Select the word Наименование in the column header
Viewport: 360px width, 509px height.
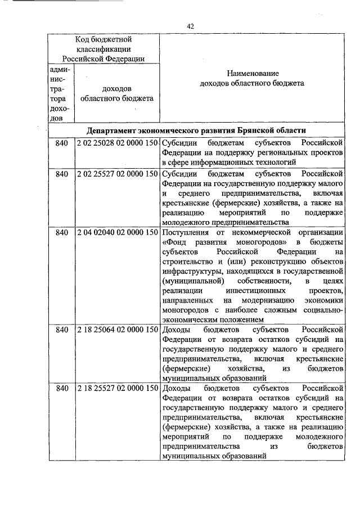click(x=253, y=74)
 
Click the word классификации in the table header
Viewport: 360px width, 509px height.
click(x=103, y=49)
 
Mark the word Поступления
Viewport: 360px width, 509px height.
click(x=184, y=232)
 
